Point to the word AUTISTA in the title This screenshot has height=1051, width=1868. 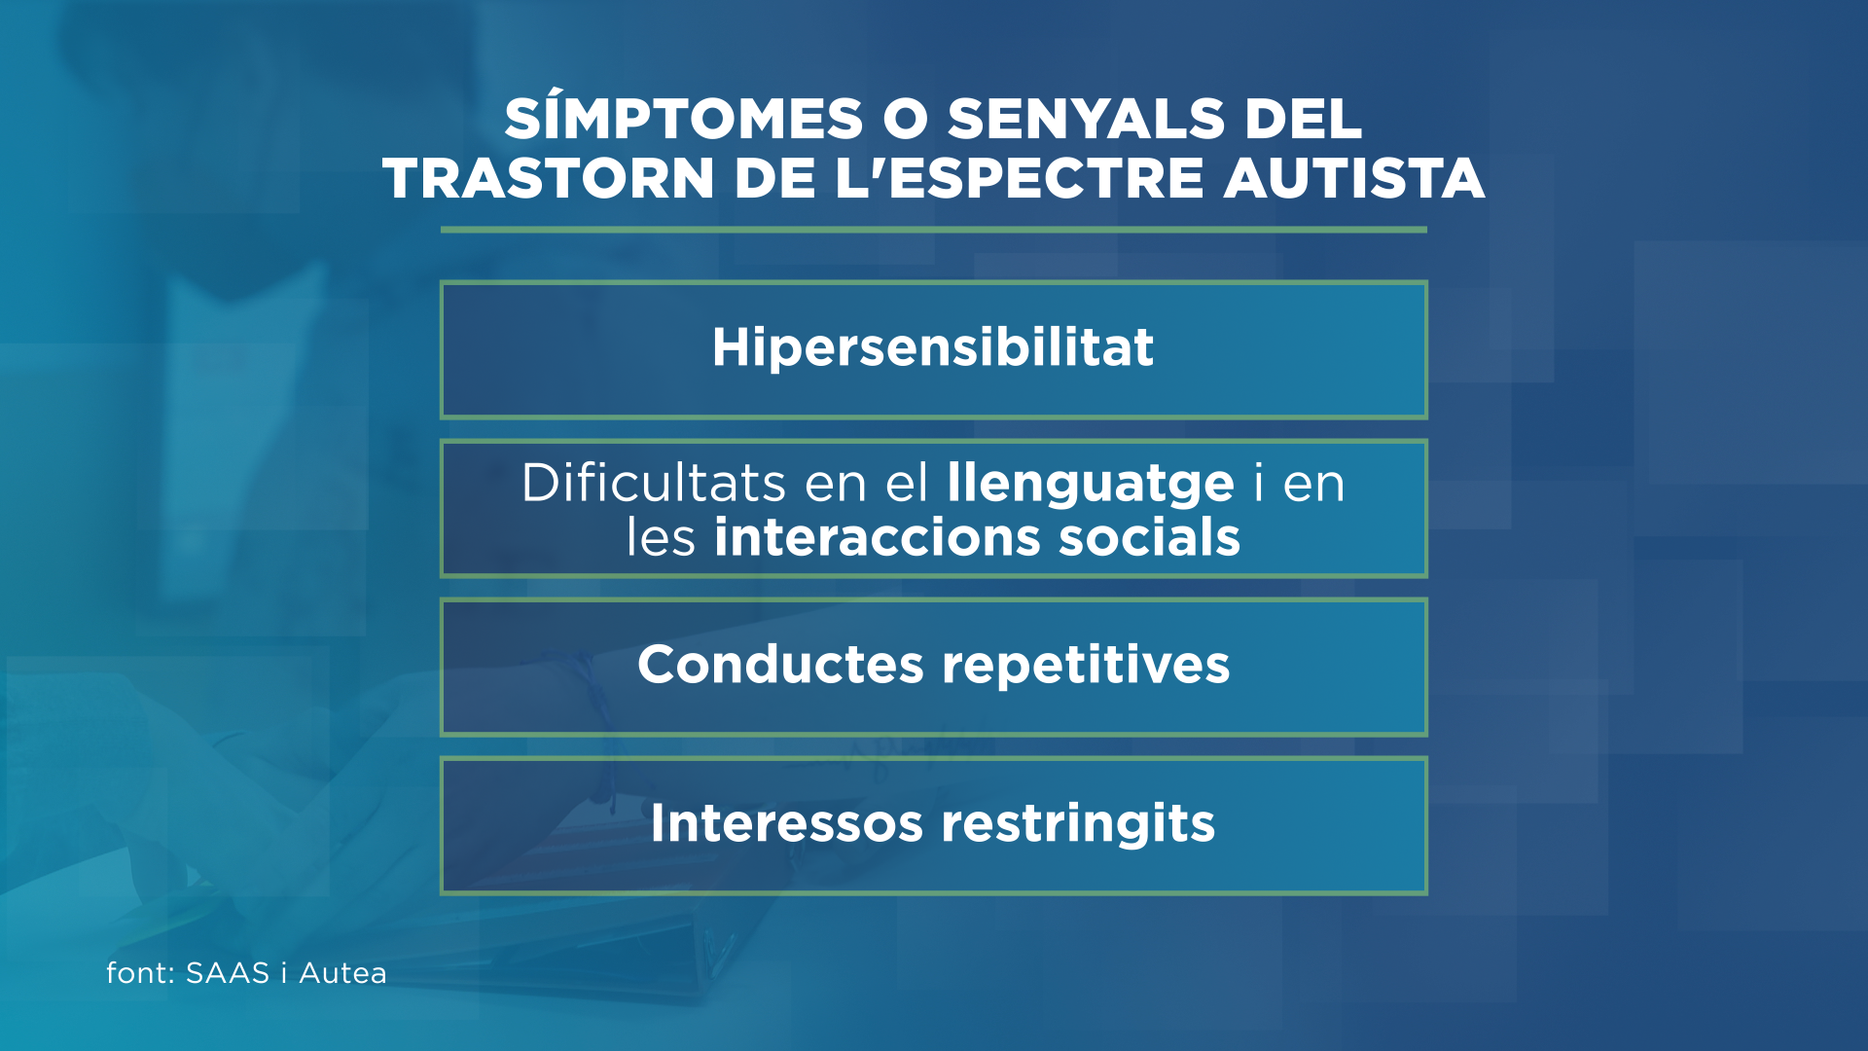(1354, 179)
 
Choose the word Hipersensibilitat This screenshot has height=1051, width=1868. (933, 347)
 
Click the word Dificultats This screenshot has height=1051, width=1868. (654, 483)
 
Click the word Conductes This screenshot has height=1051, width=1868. (780, 665)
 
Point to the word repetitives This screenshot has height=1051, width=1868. (1086, 667)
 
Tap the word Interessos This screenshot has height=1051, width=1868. (786, 823)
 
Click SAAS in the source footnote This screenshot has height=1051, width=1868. (227, 973)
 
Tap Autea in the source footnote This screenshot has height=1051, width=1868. (342, 973)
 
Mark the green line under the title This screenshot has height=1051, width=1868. (934, 230)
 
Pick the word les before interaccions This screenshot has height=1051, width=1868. (661, 537)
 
